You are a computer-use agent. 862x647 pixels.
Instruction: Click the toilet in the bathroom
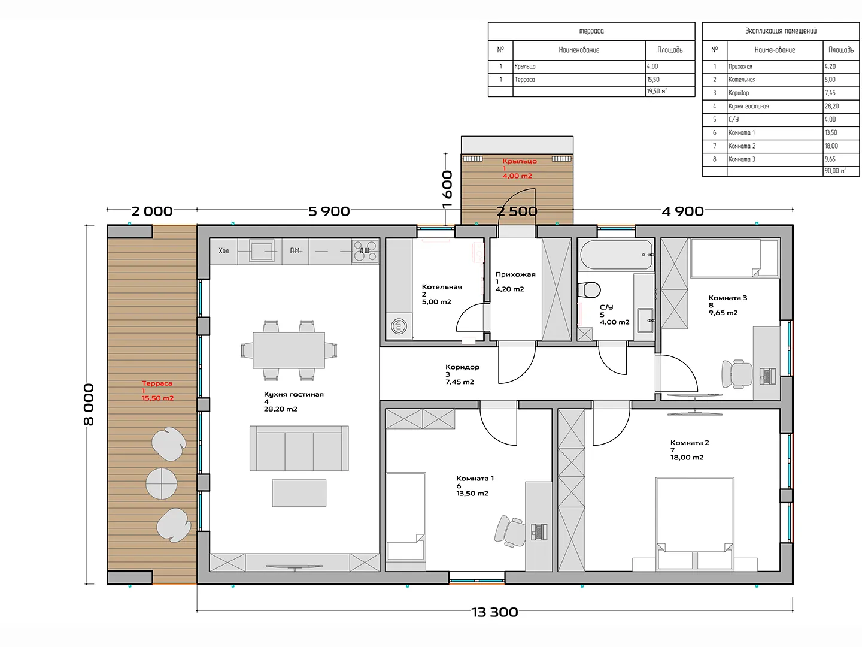tap(590, 291)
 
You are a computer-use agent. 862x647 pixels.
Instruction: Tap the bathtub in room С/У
tap(616, 255)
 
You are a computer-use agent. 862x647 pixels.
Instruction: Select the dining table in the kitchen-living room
tap(289, 350)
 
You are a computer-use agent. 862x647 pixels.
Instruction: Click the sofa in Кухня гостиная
tap(299, 448)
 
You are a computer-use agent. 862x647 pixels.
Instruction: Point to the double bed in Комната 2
tap(695, 523)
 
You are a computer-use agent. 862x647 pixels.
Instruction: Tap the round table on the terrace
tap(162, 483)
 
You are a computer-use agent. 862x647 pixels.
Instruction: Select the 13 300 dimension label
tap(494, 612)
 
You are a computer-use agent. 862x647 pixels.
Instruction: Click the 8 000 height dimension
tap(89, 404)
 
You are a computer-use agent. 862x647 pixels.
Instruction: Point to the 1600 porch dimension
tap(447, 189)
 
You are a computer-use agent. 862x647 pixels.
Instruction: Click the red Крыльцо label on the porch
tap(519, 161)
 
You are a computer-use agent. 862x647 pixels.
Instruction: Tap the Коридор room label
tap(462, 367)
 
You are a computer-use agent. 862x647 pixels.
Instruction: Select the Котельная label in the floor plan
tap(442, 287)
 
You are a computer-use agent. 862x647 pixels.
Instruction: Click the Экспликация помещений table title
tap(781, 31)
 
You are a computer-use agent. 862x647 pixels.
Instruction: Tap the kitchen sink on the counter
tap(262, 251)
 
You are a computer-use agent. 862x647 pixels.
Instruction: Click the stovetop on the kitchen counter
tap(365, 251)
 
